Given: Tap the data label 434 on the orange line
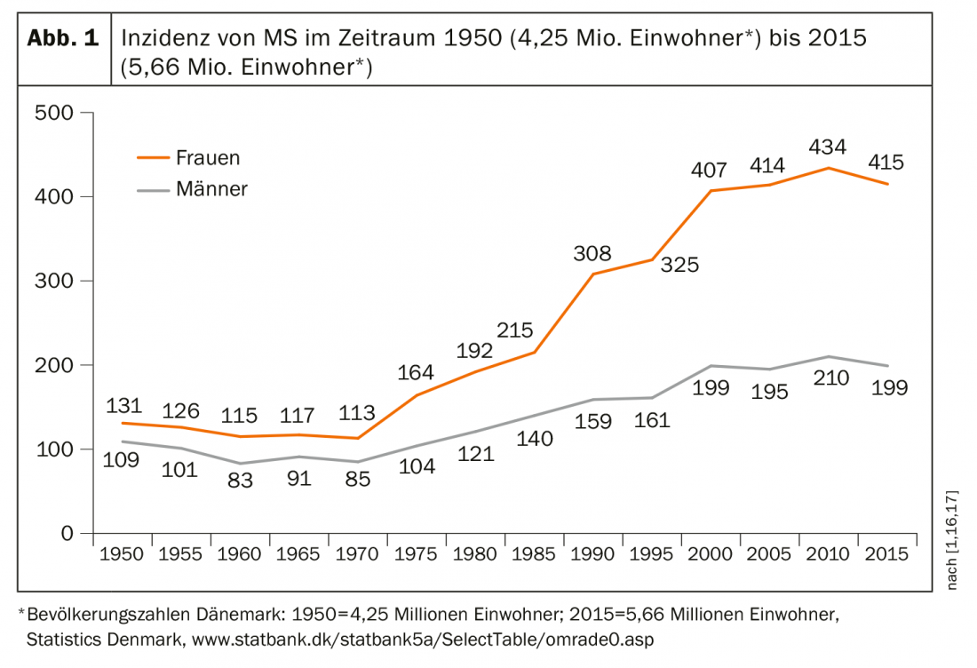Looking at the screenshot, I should [x=828, y=147].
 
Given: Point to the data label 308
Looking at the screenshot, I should [x=592, y=253].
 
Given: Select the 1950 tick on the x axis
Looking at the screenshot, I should [x=122, y=554].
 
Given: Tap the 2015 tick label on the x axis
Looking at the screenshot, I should [x=886, y=554].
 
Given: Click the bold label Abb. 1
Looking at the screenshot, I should [x=64, y=39].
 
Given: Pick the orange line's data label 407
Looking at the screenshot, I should [x=710, y=169].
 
